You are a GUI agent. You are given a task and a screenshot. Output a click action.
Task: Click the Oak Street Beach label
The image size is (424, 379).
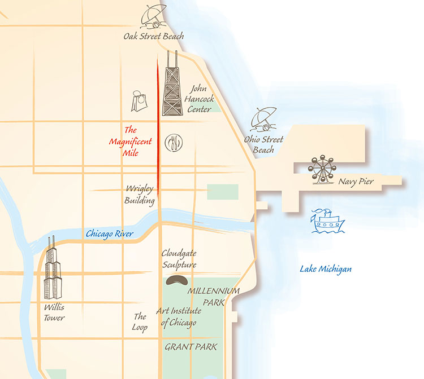(x=154, y=37)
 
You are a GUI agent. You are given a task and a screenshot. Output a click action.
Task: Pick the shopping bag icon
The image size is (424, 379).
(x=139, y=102)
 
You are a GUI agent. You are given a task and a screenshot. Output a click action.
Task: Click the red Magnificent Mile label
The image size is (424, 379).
(x=131, y=140)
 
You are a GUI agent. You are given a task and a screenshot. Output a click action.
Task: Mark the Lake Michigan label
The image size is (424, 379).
(x=326, y=269)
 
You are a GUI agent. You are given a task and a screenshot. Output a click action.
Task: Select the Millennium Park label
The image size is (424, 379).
(x=214, y=297)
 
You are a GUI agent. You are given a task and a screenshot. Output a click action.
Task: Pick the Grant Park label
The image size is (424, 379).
(x=191, y=346)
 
